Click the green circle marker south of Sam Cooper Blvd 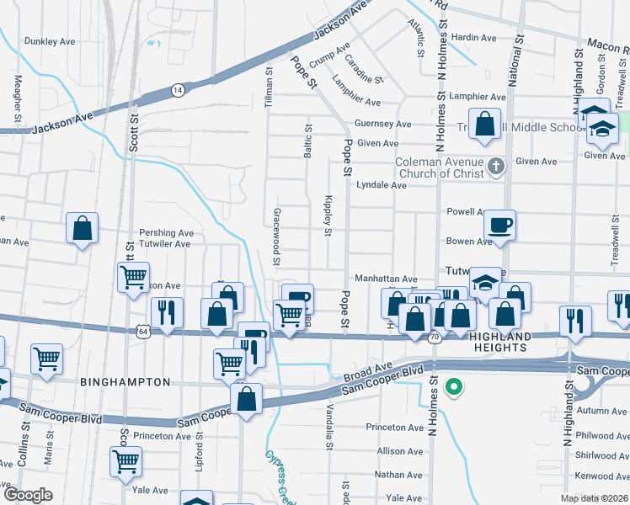pos(454,387)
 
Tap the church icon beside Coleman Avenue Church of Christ pos(496,167)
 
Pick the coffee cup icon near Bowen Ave pos(499,225)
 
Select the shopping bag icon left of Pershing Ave pos(83,227)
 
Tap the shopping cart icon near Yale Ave pos(125,460)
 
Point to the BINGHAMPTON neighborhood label pos(125,382)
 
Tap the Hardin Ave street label pos(474,38)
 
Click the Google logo pos(28,495)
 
